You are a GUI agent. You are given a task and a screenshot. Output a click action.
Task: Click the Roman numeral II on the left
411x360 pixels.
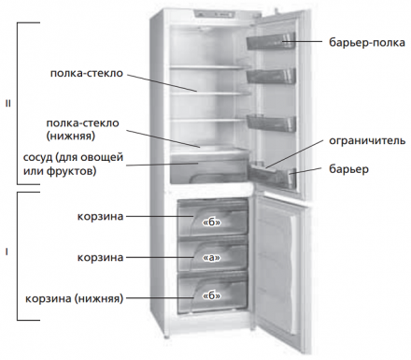[x=7, y=104]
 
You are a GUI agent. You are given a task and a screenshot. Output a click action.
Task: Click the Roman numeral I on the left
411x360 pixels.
[x=7, y=252]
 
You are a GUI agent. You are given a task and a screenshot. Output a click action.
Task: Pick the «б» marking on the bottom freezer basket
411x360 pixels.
[x=209, y=295]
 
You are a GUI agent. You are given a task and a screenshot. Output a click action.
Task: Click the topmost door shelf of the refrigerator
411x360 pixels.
[x=271, y=40]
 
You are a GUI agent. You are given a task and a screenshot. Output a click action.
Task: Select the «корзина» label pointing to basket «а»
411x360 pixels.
[x=100, y=254]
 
